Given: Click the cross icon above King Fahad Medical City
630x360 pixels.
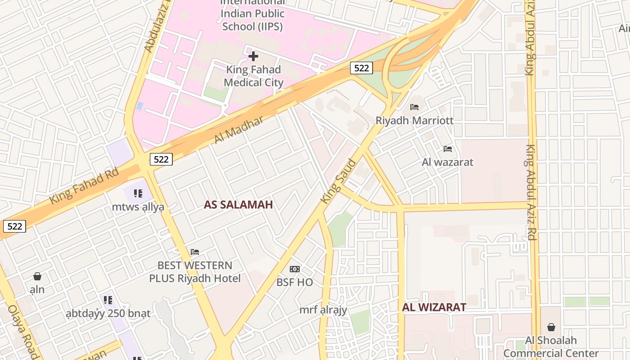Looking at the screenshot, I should (x=253, y=56).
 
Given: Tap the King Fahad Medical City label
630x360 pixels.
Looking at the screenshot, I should (x=254, y=76).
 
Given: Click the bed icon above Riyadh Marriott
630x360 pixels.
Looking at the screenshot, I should (x=414, y=107).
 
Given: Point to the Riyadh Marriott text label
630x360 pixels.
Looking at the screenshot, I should (x=414, y=121).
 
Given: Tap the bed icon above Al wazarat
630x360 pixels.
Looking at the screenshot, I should (x=448, y=148).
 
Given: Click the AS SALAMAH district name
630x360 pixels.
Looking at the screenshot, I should (x=238, y=205).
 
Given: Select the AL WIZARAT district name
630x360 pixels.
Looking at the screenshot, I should (x=434, y=307).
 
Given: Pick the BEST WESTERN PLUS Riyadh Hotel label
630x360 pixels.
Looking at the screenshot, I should (x=195, y=272).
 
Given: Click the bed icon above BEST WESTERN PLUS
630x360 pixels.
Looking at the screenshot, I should (x=195, y=252).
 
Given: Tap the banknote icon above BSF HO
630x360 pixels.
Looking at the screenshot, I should (x=295, y=269).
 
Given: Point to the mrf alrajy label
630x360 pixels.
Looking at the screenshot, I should (x=323, y=310).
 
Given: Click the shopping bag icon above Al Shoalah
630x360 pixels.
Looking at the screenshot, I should (x=551, y=327).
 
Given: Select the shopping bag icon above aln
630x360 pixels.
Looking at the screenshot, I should (x=37, y=276).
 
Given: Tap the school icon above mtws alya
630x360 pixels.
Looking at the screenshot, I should (x=138, y=193).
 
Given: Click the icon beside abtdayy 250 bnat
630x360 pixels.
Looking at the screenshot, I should (x=108, y=300).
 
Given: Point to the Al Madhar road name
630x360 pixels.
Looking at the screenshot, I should (x=238, y=130).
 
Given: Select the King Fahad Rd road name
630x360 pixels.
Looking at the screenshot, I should (x=84, y=185).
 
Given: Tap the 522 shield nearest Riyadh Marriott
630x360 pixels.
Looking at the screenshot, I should (x=361, y=68).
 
